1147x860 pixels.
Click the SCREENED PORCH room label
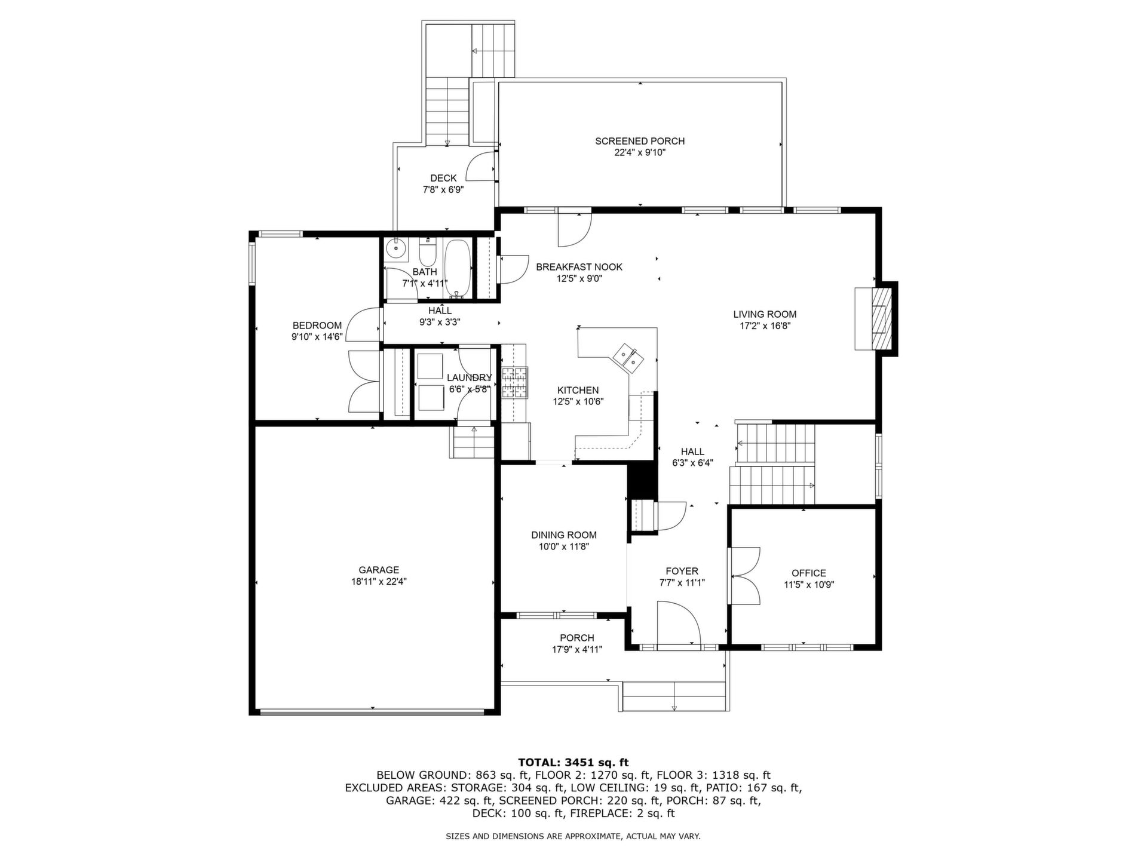click(x=640, y=141)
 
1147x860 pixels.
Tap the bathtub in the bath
click(x=458, y=268)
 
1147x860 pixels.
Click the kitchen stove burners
click(x=515, y=382)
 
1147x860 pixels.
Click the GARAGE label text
click(x=379, y=570)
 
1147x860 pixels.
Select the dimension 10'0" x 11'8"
click(x=564, y=546)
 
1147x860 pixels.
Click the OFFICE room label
click(x=809, y=573)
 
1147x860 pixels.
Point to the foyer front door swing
click(x=679, y=623)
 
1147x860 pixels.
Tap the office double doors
click(x=744, y=576)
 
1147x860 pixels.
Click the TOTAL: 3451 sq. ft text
click(x=573, y=762)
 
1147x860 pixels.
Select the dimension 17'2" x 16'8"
click(x=765, y=326)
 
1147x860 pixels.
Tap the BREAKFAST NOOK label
click(x=579, y=267)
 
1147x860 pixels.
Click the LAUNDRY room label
click(x=470, y=377)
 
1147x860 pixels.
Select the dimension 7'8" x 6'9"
click(x=443, y=189)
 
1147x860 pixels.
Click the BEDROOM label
click(x=317, y=325)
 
